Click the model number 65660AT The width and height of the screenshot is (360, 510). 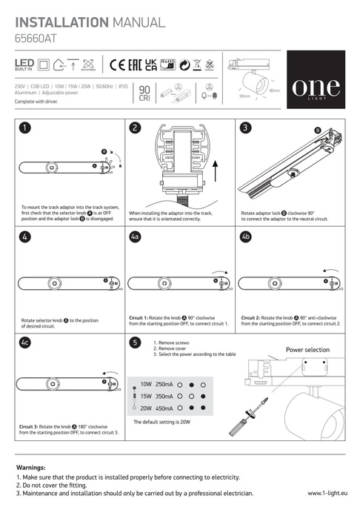[x=34, y=33]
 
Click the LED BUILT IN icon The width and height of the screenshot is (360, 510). [x=24, y=65]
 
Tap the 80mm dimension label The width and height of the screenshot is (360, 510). [x=274, y=90]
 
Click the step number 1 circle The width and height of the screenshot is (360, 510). [x=25, y=128]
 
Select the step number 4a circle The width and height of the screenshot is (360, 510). [x=135, y=236]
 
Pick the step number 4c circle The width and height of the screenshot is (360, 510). [x=26, y=343]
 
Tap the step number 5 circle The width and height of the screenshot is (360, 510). [x=134, y=343]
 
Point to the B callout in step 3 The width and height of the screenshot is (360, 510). [x=318, y=131]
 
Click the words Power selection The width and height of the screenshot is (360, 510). [x=307, y=350]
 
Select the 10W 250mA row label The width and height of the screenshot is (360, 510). [x=156, y=385]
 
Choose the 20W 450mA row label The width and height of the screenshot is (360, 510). [x=156, y=408]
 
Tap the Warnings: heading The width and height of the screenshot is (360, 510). [x=31, y=468]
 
